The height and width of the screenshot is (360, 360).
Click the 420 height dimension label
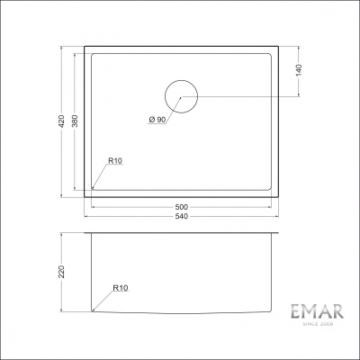tap(61, 121)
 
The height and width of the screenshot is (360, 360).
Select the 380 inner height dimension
tap(75, 121)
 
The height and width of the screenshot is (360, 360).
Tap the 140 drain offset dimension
tap(299, 70)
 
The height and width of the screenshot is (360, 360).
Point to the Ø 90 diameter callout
tap(157, 120)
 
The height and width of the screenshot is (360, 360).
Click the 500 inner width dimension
tap(181, 207)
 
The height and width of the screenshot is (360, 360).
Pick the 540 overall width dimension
tap(181, 216)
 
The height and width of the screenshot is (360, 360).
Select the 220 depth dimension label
tap(61, 272)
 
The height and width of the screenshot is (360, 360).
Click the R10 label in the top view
tap(115, 161)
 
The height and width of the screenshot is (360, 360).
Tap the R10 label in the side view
tap(121, 288)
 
